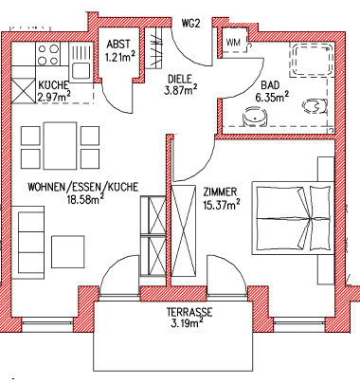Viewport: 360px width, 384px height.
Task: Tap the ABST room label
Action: click(x=118, y=45)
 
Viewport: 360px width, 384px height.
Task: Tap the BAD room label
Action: click(x=269, y=84)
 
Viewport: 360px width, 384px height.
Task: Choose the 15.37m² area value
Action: click(x=221, y=205)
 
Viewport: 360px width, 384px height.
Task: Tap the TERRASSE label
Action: click(x=186, y=312)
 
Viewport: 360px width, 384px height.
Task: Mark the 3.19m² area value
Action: click(x=186, y=324)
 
